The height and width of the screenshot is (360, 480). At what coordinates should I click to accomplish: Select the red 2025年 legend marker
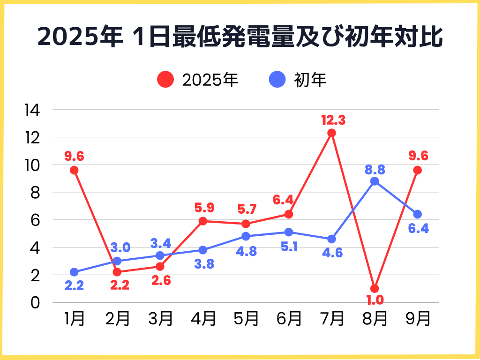coord(165,80)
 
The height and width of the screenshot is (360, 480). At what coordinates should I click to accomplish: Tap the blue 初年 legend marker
coord(277,80)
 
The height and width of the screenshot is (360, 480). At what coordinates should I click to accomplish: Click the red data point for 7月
coord(331,133)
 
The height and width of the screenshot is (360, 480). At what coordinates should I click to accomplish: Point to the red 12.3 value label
coord(333,120)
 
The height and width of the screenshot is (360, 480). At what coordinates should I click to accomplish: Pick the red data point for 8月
coord(374,288)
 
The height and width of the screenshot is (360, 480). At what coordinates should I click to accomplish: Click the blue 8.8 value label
coord(375,169)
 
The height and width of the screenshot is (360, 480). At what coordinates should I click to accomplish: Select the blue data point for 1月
coord(74,272)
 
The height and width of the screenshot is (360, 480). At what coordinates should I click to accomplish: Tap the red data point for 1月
coord(74,170)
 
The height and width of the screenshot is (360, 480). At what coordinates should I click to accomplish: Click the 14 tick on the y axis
coord(32,110)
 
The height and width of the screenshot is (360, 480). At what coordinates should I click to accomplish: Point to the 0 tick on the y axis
coord(36,302)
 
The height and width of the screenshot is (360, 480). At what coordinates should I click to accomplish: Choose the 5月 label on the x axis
coord(246,319)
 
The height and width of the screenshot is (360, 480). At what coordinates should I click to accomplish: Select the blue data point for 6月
coord(289,232)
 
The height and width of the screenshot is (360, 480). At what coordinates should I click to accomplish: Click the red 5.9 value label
coord(203,207)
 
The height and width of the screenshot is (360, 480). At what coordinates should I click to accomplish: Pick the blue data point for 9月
coord(417,214)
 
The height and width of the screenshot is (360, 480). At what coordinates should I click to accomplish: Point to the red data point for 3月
coord(160,266)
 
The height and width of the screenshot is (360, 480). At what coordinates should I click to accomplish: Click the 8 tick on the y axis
coord(36,193)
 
